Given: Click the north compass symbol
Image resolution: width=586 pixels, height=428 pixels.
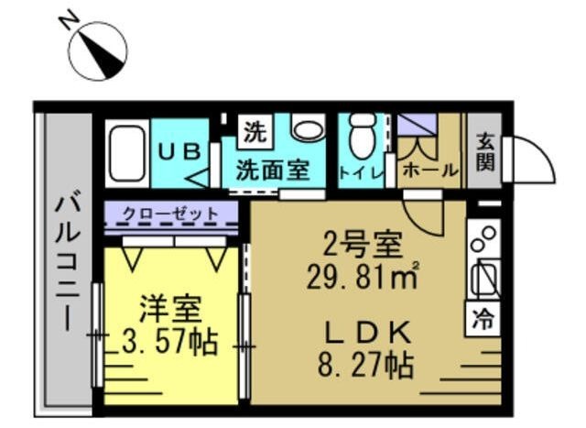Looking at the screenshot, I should [98, 50].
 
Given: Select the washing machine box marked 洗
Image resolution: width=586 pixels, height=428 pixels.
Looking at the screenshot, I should [253, 130].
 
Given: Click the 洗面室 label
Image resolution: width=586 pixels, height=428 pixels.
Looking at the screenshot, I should [272, 170].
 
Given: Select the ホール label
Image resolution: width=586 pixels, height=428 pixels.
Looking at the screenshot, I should [429, 170].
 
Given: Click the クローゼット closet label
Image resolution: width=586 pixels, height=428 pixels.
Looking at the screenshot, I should [171, 214].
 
